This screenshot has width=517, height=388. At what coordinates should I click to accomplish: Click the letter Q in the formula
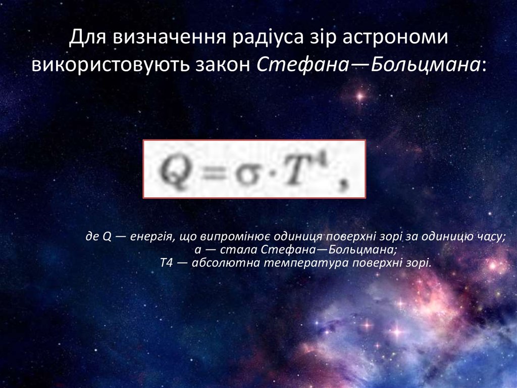pos(175,168)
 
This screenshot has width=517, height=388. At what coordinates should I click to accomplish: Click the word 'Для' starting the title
pos(84,38)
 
